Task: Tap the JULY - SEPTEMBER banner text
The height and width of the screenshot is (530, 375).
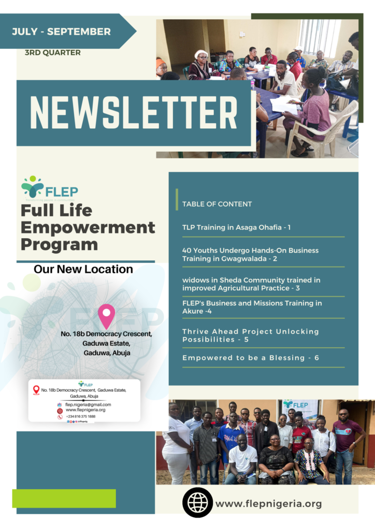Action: pyautogui.click(x=61, y=32)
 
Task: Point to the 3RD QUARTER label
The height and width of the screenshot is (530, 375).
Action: pyautogui.click(x=52, y=52)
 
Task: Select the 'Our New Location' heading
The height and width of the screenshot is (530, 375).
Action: pyautogui.click(x=83, y=269)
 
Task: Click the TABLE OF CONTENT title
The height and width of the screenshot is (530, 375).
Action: pyautogui.click(x=217, y=204)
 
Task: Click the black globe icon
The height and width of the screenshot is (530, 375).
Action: pyautogui.click(x=197, y=502)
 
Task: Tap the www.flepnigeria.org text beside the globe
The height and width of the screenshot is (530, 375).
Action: pyautogui.click(x=268, y=504)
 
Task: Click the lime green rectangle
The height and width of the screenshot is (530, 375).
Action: pyautogui.click(x=64, y=498)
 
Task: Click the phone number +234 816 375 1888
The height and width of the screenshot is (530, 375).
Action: pyautogui.click(x=80, y=416)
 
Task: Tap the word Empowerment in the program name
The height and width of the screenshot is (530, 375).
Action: pyautogui.click(x=88, y=227)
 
